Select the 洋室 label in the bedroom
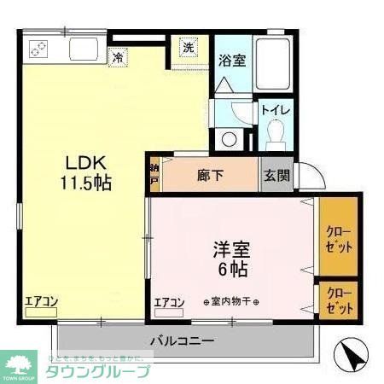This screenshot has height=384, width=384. pyautogui.click(x=231, y=251)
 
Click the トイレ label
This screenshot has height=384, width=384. pyautogui.click(x=276, y=110)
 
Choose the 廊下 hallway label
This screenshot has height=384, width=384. pyautogui.click(x=210, y=176)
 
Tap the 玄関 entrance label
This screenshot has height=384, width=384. pyautogui.click(x=276, y=176)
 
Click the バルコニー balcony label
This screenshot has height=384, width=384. pyautogui.click(x=183, y=340)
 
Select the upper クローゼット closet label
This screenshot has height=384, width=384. pyautogui.click(x=338, y=238)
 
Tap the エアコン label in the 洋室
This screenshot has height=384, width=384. pyautogui.click(x=170, y=303)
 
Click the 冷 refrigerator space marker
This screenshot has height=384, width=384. pyautogui.click(x=118, y=58)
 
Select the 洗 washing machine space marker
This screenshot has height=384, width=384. pyautogui.click(x=187, y=49)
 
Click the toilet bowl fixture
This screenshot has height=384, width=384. pyautogui.click(x=276, y=134)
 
